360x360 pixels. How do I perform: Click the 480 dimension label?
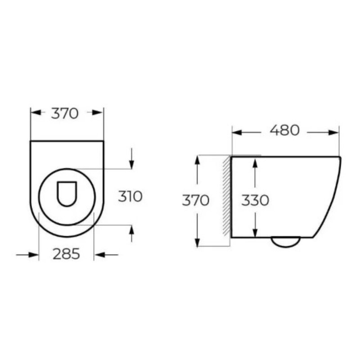pyautogui.click(x=284, y=130)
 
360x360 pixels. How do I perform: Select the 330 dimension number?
pyautogui.click(x=255, y=200)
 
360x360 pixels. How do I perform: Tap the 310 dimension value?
pyautogui.click(x=130, y=197)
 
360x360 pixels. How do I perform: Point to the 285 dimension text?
pyautogui.click(x=66, y=254)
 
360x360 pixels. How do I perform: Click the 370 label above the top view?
pyautogui.click(x=65, y=113)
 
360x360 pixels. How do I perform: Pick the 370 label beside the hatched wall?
pyautogui.click(x=196, y=200)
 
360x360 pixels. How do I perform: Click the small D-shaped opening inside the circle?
pyautogui.click(x=67, y=194)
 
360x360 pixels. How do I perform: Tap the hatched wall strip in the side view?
pyautogui.click(x=227, y=196)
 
